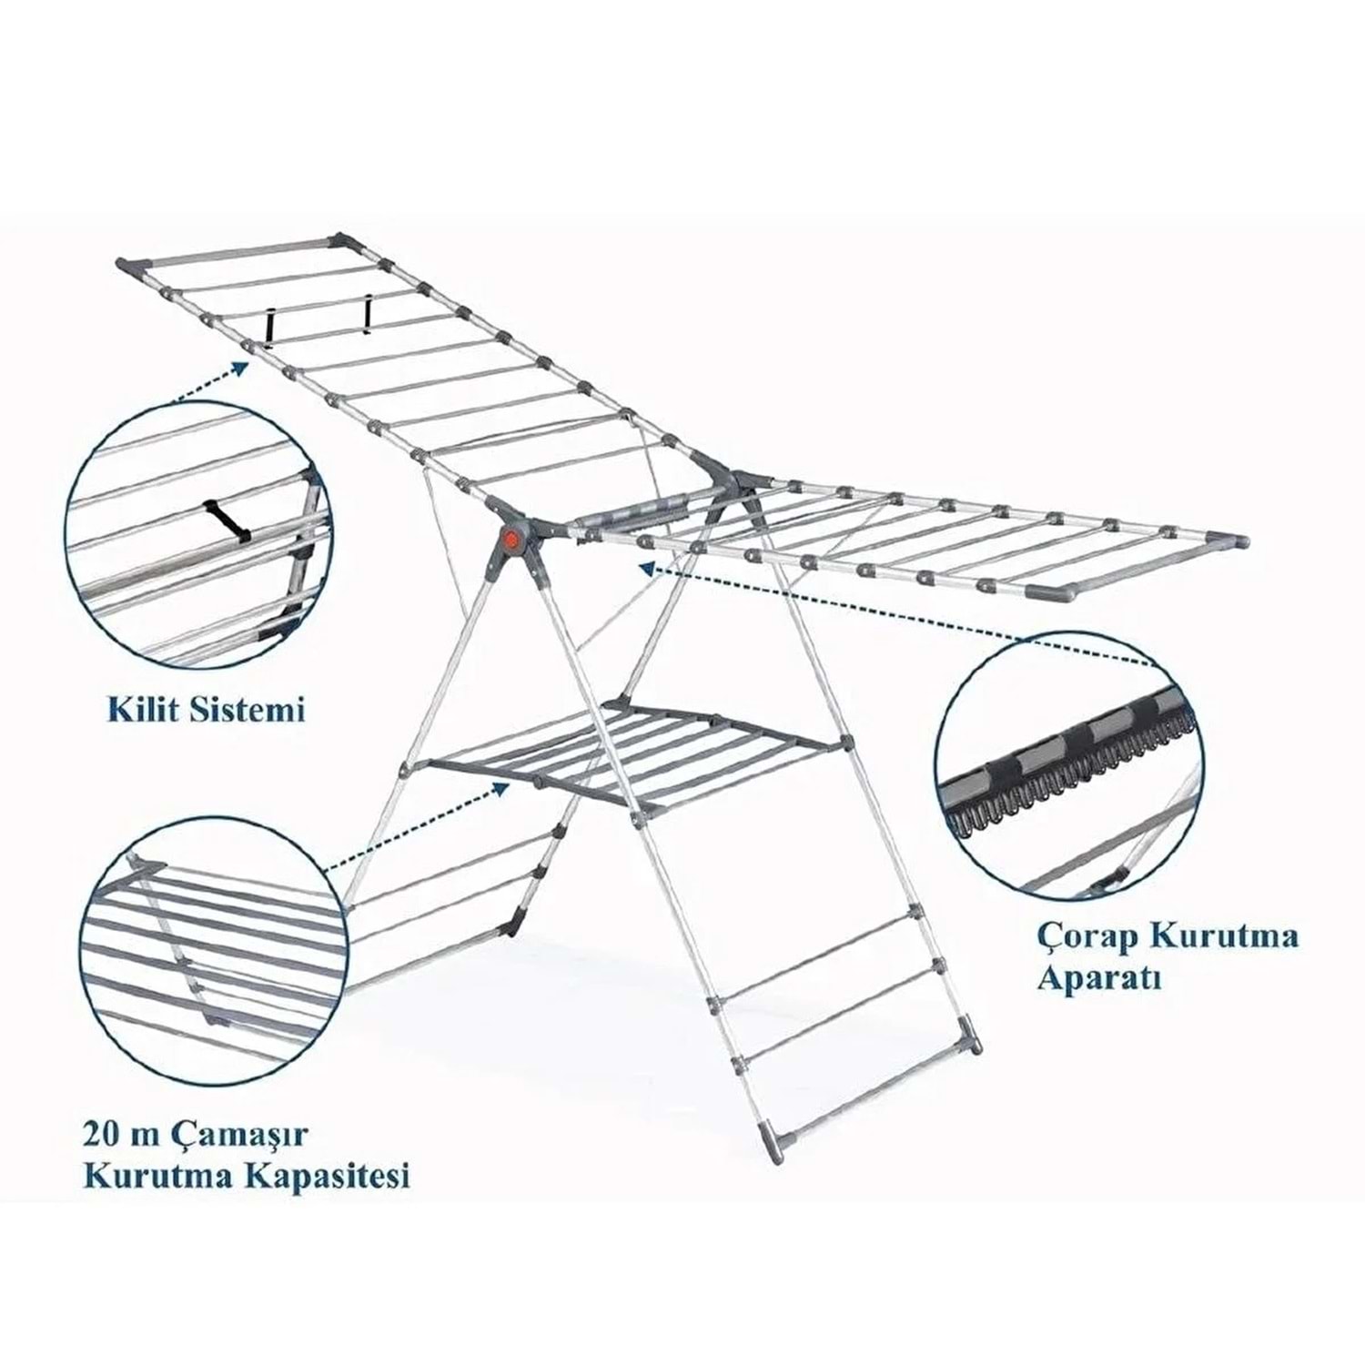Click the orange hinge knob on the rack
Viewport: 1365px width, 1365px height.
click(x=511, y=539)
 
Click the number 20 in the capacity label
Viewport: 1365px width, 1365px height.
click(x=99, y=1136)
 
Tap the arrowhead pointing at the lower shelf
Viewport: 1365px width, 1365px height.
click(x=500, y=788)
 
